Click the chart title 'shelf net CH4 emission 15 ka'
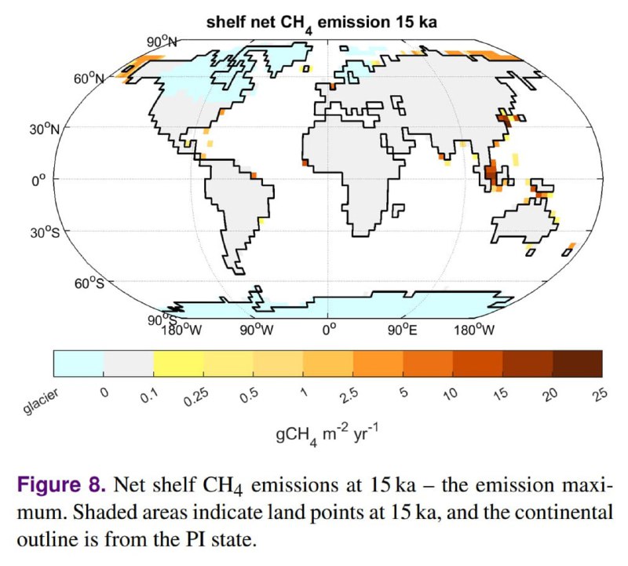coord(321,23)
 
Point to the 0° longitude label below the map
coord(328,329)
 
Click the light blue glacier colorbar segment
coord(78,363)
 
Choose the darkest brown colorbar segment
coord(577,363)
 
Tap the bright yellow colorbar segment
coord(178,363)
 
